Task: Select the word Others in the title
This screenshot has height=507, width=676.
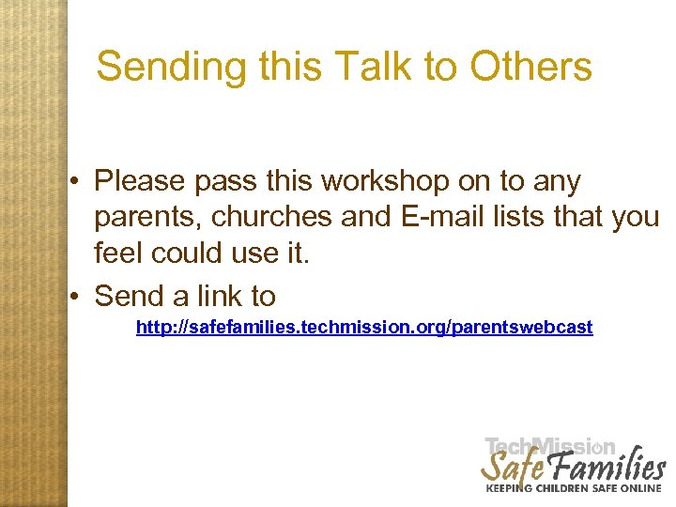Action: pos(531,68)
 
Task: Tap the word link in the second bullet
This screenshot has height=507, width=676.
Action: pos(221,297)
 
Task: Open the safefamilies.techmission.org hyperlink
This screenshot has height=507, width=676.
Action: pos(364,328)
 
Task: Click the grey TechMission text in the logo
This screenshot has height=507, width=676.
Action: pos(550,447)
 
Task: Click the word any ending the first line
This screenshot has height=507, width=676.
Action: pos(557,182)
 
